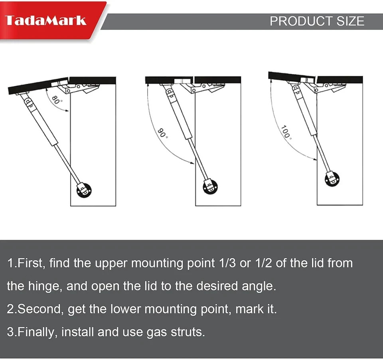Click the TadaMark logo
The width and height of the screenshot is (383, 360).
(46, 20)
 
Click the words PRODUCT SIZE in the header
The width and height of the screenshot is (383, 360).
(317, 21)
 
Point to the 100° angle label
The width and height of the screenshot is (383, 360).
(285, 132)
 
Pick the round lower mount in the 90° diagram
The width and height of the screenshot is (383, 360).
(210, 187)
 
